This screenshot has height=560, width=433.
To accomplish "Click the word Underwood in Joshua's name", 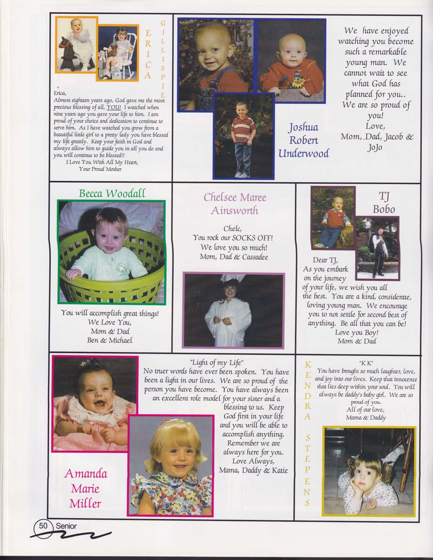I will coord(304,153).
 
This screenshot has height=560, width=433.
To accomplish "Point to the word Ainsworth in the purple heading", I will coord(235,211).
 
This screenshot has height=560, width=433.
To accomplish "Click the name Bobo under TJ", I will coord(384,209).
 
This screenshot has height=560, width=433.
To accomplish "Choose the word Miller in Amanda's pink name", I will coord(85,503).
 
